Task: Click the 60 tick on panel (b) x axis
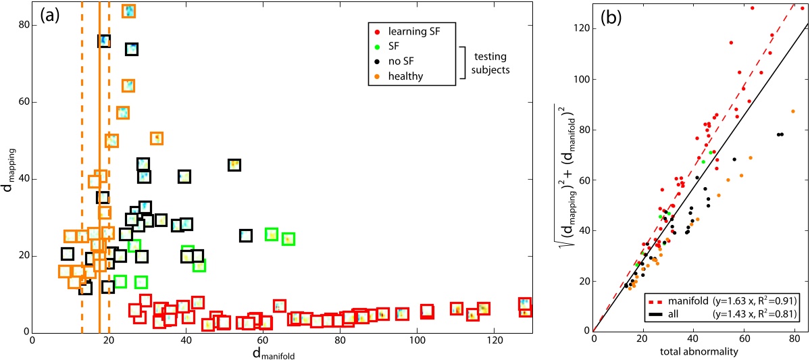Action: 743,340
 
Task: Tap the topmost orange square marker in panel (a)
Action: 128,11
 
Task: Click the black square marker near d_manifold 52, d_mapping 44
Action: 234,165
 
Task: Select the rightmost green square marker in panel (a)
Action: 288,239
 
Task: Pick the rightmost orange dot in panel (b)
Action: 793,111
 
